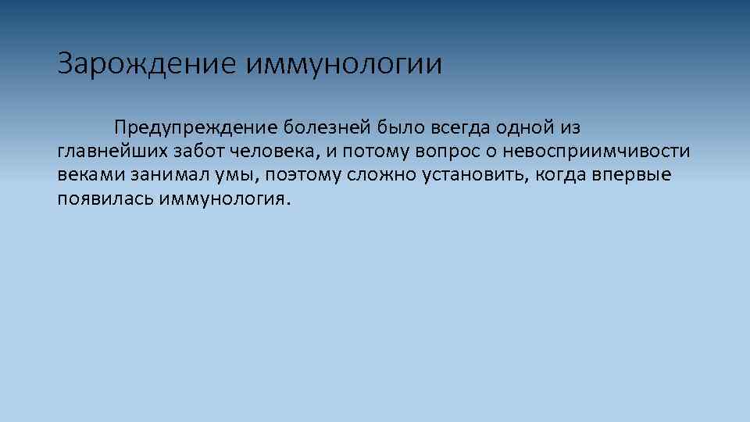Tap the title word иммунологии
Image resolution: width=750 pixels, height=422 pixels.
click(x=345, y=64)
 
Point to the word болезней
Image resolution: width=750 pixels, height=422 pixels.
click(x=327, y=127)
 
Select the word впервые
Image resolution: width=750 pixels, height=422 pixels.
click(x=635, y=173)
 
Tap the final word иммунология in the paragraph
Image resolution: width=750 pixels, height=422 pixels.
click(x=223, y=198)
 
